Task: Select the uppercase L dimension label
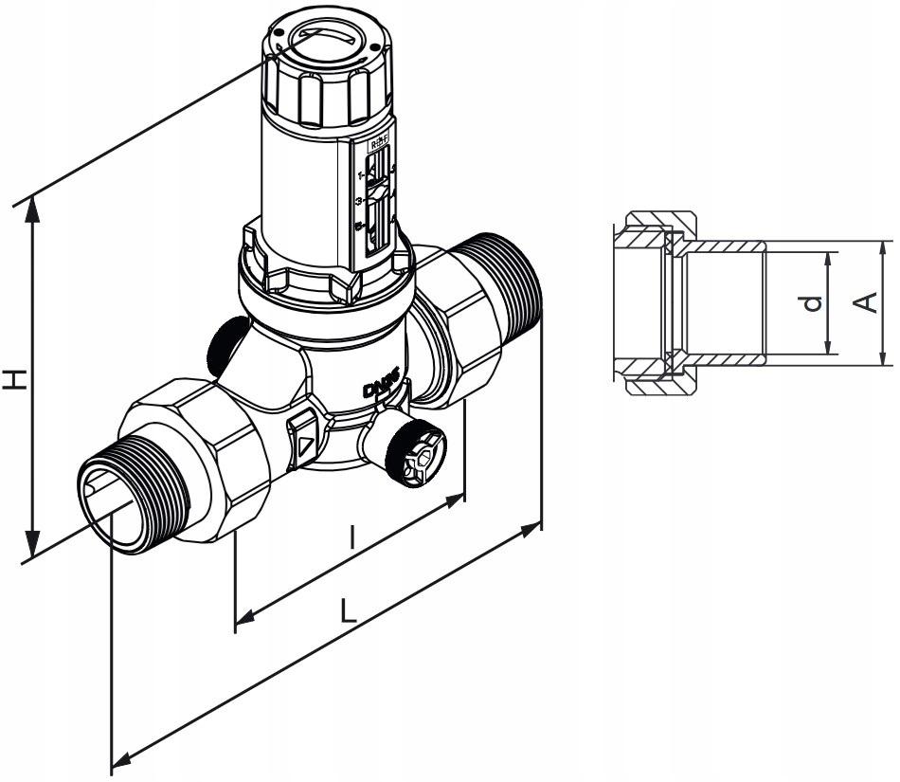348,610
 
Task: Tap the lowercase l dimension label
351,538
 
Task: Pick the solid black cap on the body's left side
224,346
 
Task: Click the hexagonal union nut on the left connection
199,455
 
